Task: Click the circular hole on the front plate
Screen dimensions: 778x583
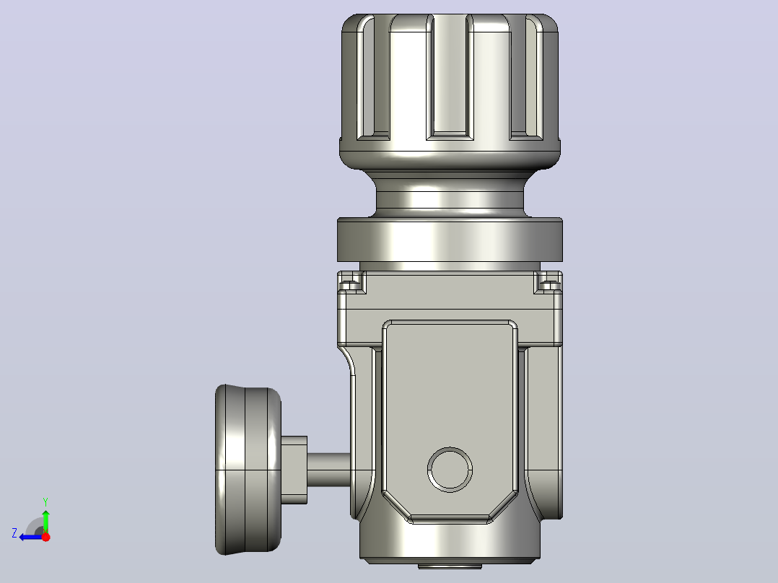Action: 450,470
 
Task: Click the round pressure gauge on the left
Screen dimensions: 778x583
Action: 248,470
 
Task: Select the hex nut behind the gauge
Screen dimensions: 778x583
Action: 294,470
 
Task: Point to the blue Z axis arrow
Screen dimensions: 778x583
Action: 31,537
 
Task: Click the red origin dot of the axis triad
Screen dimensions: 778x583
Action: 45,536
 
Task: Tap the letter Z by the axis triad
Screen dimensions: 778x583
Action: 14,533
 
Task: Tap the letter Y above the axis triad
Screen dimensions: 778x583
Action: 45,501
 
